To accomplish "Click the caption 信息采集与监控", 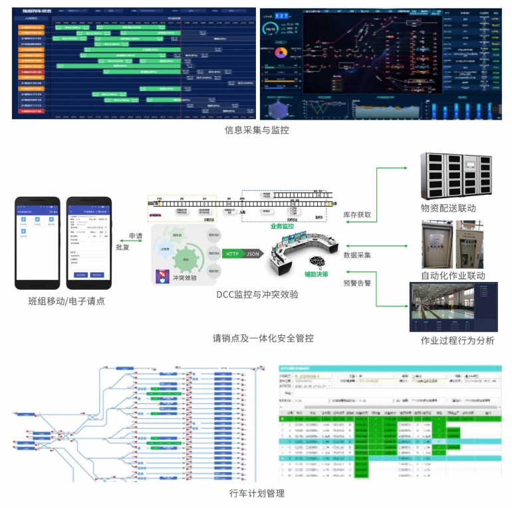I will click(x=257, y=130).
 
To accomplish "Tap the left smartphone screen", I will click(x=38, y=243).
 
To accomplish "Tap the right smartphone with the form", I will click(x=89, y=243).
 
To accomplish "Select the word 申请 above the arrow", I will click(x=136, y=236).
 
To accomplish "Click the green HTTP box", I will click(x=232, y=253).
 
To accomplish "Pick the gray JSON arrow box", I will click(x=253, y=253).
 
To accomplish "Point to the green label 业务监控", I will click(x=281, y=226).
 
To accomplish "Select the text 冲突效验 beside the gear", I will click(x=184, y=279).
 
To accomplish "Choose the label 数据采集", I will click(x=357, y=255).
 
